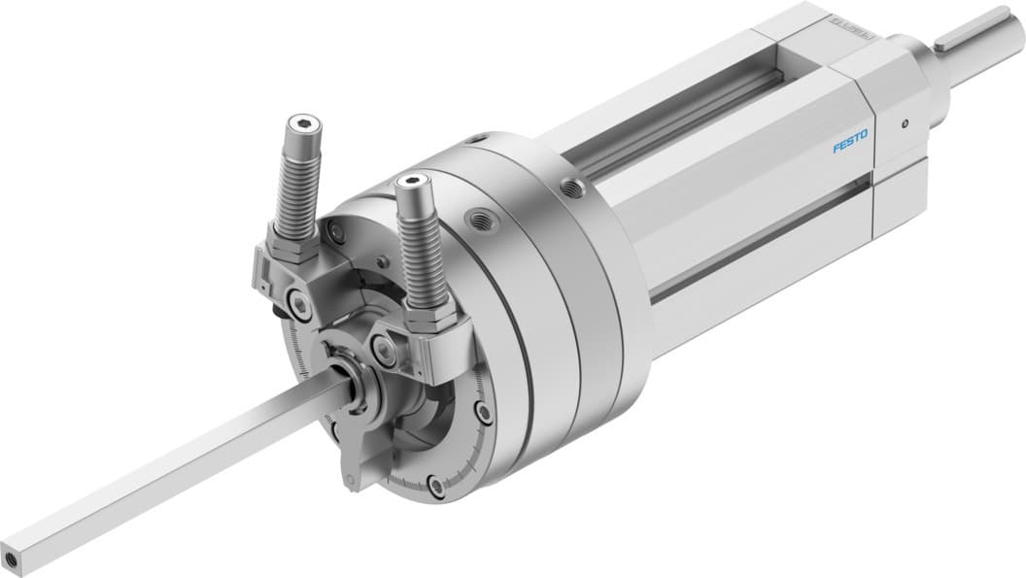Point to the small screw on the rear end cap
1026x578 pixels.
[x=904, y=123]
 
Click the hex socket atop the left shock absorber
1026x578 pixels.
[x=294, y=125]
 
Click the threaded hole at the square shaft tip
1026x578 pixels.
[x=14, y=560]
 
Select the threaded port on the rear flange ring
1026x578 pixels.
[x=568, y=185]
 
